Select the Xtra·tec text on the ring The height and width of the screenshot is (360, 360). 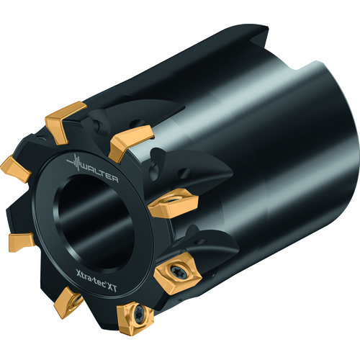(x=91, y=277)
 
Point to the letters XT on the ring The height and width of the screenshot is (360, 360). (x=112, y=287)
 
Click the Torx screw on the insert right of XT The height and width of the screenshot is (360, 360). (x=179, y=272)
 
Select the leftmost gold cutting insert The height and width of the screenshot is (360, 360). (x=16, y=168)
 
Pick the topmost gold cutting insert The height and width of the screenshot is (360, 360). (x=66, y=122)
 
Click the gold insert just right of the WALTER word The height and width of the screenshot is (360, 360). (x=131, y=142)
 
